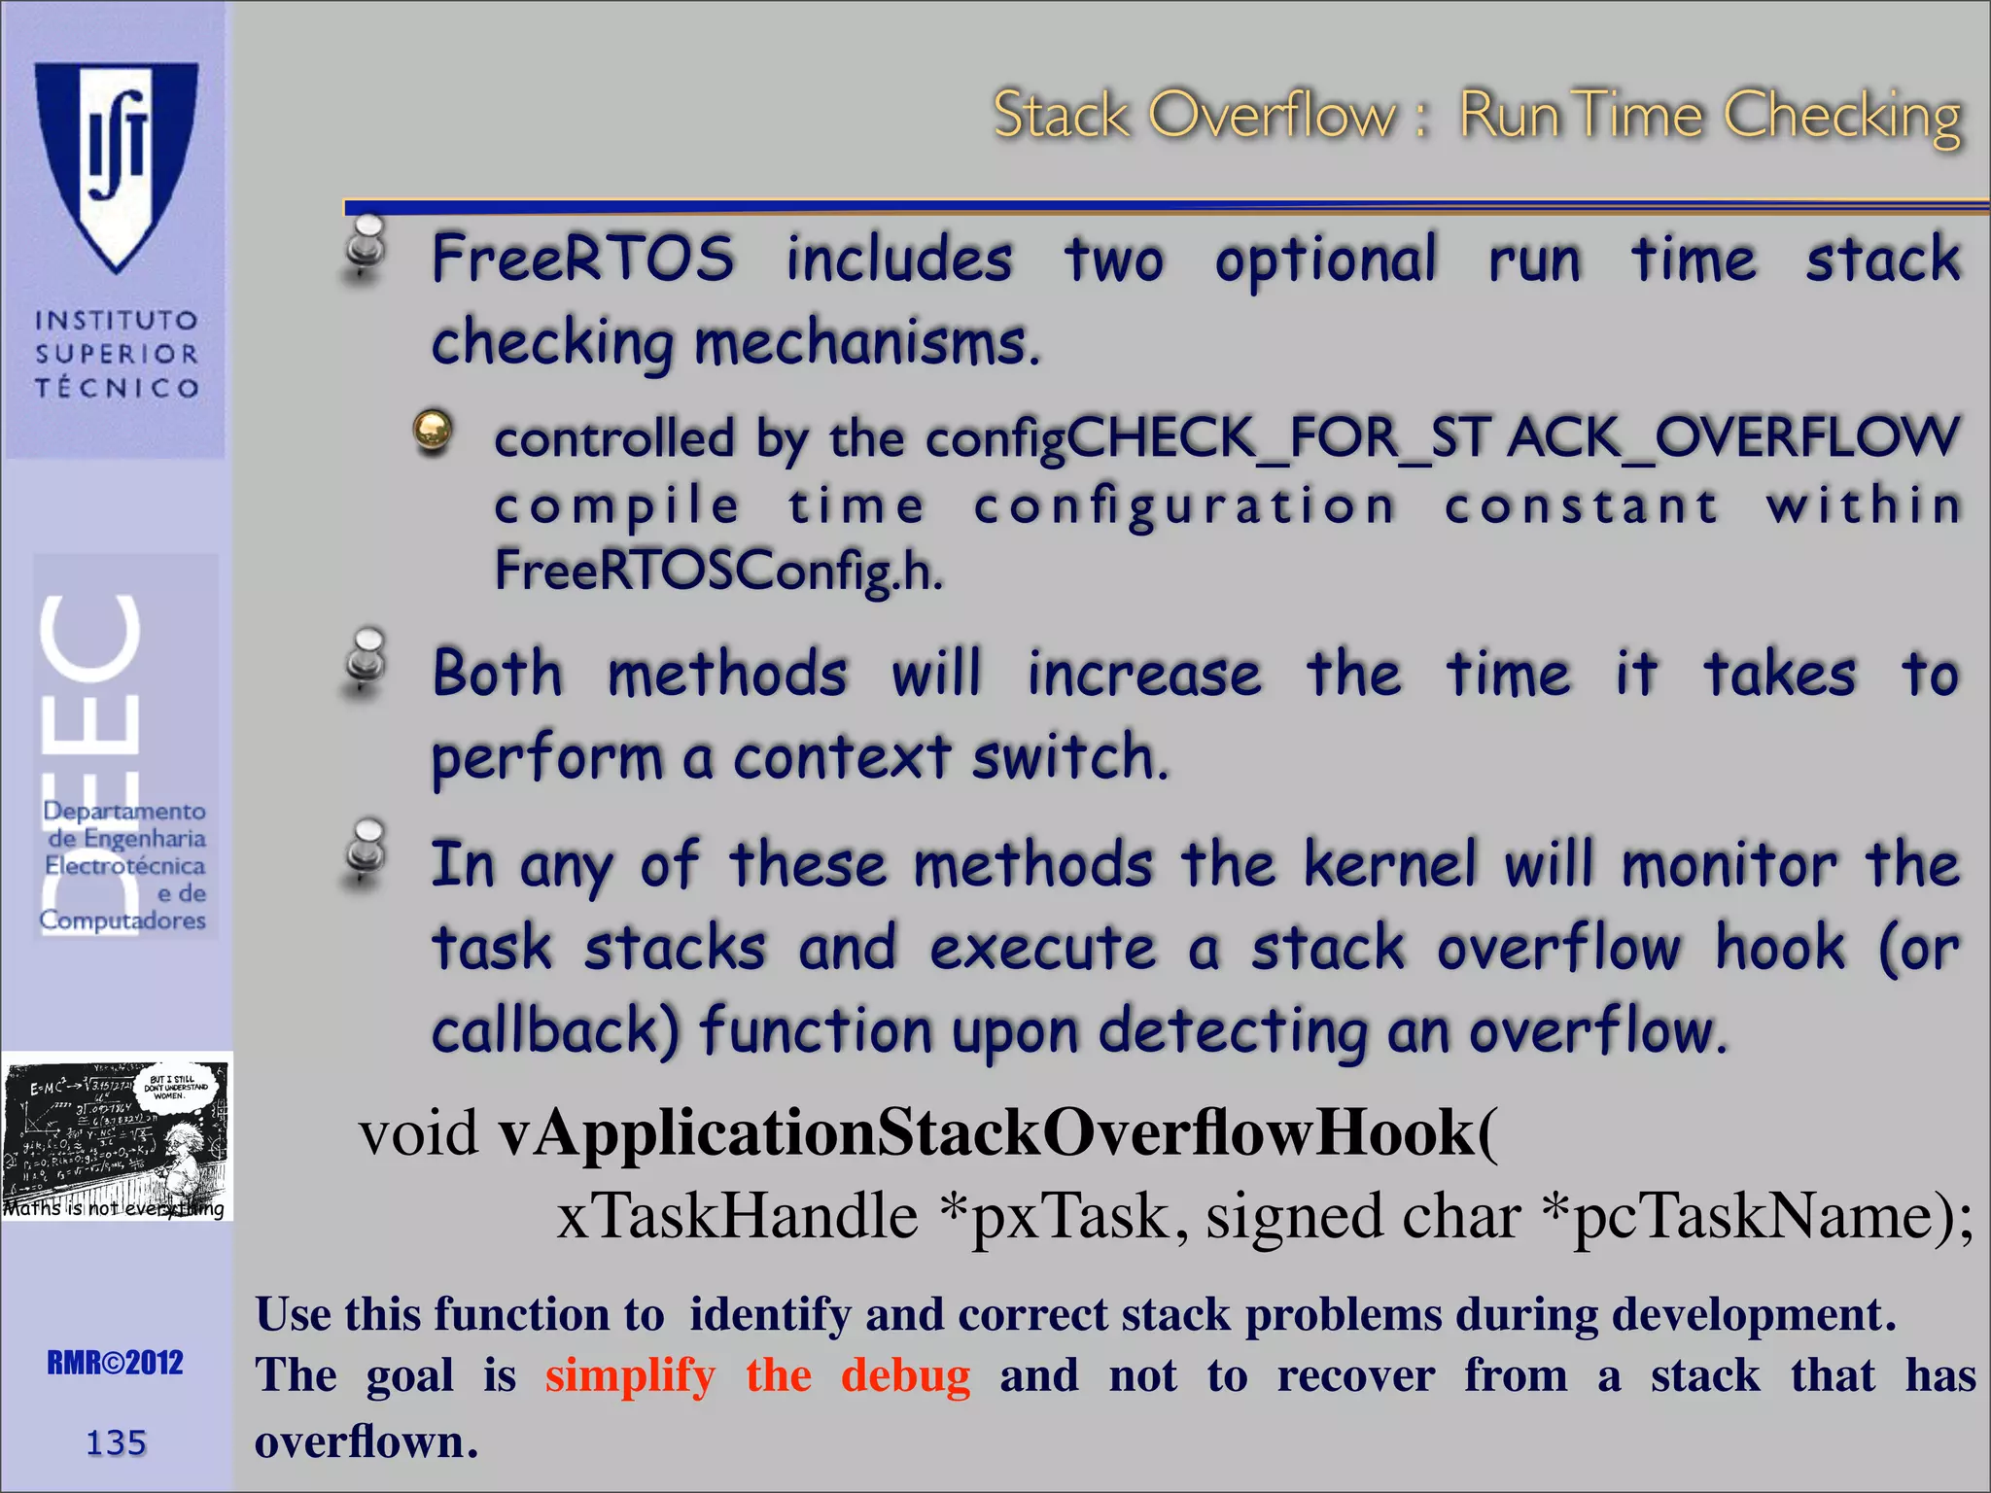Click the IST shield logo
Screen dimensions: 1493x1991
pos(117,160)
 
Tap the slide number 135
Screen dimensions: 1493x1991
pos(116,1442)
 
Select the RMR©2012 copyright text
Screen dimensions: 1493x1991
pos(115,1363)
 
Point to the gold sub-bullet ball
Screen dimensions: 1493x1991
pos(433,430)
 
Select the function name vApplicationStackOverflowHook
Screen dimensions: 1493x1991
pos(987,1133)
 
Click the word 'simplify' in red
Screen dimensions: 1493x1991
pos(630,1375)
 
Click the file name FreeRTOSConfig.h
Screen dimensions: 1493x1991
pos(718,571)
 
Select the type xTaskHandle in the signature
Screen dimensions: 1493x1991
pos(737,1217)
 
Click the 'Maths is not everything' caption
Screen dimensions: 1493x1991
pos(114,1208)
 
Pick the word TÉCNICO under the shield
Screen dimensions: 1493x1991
pos(117,388)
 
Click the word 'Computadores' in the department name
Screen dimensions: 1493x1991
pos(122,920)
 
